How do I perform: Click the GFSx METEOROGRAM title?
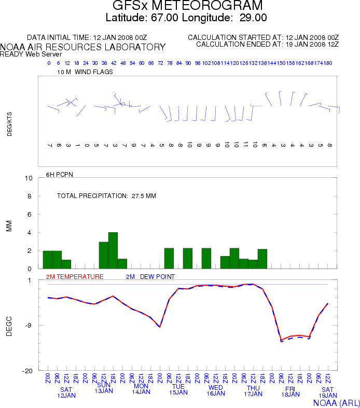188,5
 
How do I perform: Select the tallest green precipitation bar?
113,250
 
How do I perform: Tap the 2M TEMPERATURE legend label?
75,277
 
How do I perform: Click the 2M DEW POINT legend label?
150,277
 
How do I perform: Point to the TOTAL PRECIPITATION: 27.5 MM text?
106,196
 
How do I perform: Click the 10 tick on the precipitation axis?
29,178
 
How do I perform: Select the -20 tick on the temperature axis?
27,371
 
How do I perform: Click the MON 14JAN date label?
141,389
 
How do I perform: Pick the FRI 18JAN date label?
290,391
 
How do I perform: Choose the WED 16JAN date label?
215,390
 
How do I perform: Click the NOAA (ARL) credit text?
336,403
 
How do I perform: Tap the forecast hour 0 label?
49,63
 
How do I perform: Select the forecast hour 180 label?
327,63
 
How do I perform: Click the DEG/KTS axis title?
9,124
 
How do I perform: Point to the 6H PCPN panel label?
60,175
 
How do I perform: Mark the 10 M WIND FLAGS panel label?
85,72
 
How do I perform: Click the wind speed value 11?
245,145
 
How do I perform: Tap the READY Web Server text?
31,54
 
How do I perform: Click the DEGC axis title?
9,326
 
